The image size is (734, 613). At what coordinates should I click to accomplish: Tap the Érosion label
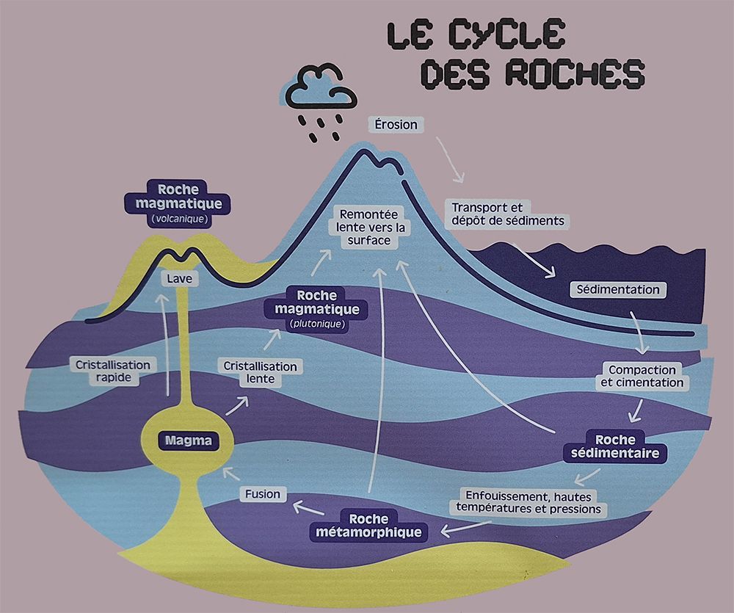[396, 124]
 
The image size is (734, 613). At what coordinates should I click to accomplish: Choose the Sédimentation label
[617, 289]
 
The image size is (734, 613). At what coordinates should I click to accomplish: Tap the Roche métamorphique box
[369, 525]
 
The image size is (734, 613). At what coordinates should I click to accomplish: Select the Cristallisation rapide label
[112, 371]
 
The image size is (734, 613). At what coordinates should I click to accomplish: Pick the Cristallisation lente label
[261, 372]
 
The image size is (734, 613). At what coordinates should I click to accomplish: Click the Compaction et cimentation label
[642, 376]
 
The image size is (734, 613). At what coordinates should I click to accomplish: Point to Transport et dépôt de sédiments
[507, 214]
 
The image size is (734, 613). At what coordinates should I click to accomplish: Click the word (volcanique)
[179, 219]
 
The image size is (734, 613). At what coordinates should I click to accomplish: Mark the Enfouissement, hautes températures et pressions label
[528, 502]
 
